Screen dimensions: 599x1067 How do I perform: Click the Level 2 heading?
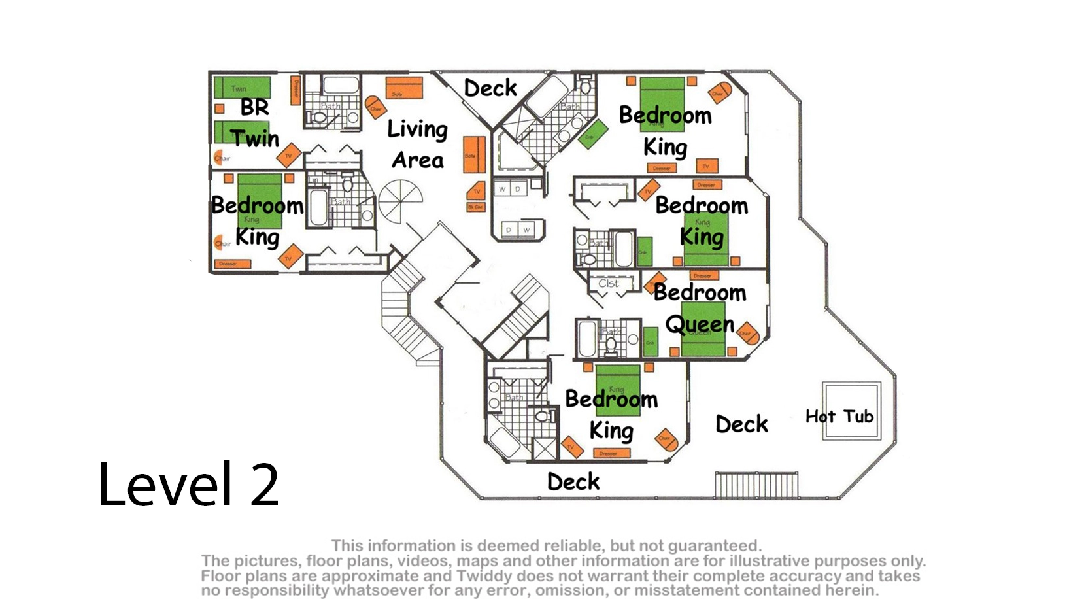[x=188, y=485]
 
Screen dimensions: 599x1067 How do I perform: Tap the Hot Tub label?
[x=839, y=417]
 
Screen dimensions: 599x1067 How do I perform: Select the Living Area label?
[x=418, y=145]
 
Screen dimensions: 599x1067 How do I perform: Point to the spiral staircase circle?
[x=400, y=201]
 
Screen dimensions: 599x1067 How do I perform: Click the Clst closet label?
[x=608, y=284]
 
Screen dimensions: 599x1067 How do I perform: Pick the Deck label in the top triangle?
[x=490, y=88]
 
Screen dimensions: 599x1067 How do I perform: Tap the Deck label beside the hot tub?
[x=741, y=424]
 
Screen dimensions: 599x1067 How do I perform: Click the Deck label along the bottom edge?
[x=573, y=482]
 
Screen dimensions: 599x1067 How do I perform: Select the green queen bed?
[x=703, y=329]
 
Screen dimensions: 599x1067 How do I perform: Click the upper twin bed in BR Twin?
[x=243, y=88]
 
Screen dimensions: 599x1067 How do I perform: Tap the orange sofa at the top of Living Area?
[x=404, y=88]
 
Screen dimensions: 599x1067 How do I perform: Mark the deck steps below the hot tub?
[x=756, y=485]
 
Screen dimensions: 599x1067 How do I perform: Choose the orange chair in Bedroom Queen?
[x=748, y=334]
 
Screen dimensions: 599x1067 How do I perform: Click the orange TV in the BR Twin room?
[x=288, y=156]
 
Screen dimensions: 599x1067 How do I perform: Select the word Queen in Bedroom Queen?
[x=700, y=324]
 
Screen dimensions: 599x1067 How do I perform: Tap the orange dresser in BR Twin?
[x=295, y=91]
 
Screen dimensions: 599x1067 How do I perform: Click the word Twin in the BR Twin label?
[x=254, y=139]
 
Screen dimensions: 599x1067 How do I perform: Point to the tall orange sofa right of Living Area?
[x=474, y=155]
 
